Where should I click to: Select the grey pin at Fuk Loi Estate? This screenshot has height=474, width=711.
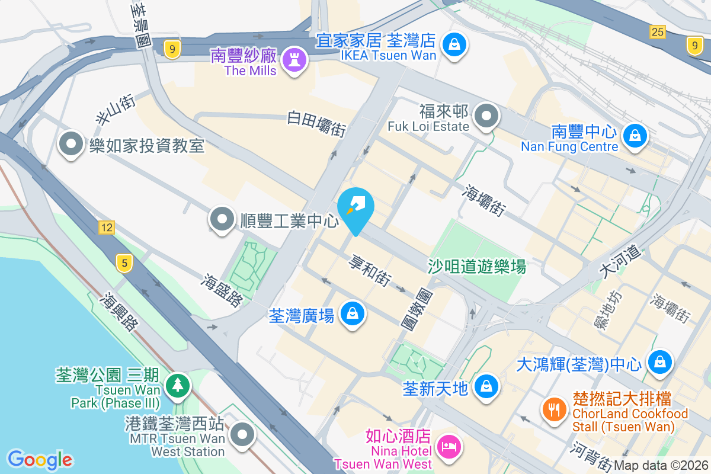[487, 116]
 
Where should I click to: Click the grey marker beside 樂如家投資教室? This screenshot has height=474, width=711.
[72, 144]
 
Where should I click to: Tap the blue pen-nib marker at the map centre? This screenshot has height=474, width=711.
[355, 206]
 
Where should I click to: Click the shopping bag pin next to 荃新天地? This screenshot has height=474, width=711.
[486, 386]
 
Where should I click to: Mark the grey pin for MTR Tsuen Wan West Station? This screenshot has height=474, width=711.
[242, 435]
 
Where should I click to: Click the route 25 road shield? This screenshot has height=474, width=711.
[656, 32]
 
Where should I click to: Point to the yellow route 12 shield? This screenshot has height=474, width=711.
[107, 228]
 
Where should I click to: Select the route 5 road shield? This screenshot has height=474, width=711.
[123, 264]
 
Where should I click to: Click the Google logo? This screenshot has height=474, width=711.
[40, 459]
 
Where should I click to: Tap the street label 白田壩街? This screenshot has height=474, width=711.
[317, 123]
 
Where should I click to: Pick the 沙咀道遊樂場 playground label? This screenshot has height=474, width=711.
[477, 267]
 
